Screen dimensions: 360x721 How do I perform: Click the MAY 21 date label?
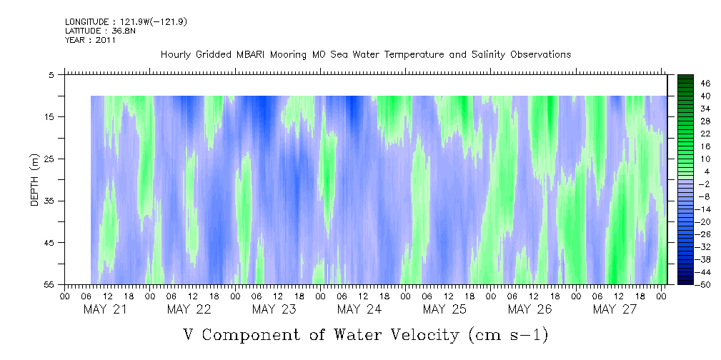point(106,309)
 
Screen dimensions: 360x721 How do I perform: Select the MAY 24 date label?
point(359,309)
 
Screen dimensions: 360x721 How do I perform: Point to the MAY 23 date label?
point(274,309)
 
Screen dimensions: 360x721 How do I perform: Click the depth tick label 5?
point(51,74)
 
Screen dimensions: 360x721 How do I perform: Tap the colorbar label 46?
point(685,83)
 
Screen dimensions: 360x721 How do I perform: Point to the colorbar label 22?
point(685,134)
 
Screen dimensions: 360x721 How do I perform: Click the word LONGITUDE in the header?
point(87,22)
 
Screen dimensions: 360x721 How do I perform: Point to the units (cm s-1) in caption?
point(509,334)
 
